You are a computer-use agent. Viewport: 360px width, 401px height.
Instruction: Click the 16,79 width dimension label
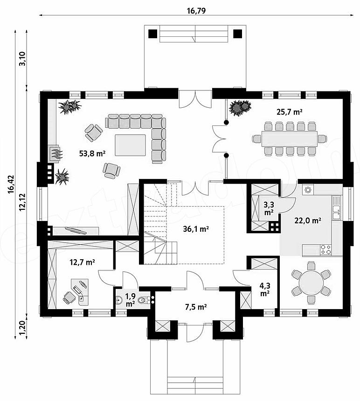(x=196, y=11)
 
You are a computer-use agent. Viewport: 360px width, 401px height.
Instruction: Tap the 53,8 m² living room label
(x=92, y=153)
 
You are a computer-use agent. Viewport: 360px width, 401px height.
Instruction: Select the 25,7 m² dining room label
(x=290, y=112)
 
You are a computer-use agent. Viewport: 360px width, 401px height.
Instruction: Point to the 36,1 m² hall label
(x=196, y=229)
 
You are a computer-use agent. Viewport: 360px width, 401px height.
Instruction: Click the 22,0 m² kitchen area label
(x=308, y=221)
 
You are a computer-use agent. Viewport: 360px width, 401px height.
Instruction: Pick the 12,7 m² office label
(x=83, y=262)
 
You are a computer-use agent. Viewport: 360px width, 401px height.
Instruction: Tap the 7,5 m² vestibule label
(x=196, y=307)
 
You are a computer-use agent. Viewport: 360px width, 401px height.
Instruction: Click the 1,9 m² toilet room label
(x=131, y=300)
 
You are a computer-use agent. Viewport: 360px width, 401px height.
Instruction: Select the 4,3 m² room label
(x=265, y=289)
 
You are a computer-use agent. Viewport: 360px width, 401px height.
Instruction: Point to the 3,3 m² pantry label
(x=269, y=208)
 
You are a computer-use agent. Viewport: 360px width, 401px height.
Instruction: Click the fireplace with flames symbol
(x=55, y=153)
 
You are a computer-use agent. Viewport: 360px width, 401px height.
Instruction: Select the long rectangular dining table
(x=290, y=139)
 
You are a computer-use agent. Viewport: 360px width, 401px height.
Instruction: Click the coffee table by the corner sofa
(x=130, y=145)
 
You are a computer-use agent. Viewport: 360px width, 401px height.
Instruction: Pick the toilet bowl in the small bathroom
(x=145, y=300)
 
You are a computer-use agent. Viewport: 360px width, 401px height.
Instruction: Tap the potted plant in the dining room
(x=240, y=107)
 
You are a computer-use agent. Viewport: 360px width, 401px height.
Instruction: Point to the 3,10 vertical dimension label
(x=22, y=59)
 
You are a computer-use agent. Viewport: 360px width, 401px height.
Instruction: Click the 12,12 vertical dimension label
(x=22, y=202)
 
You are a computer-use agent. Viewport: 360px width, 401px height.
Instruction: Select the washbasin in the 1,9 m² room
(x=119, y=300)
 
